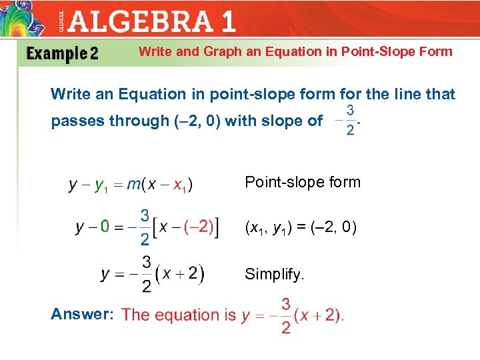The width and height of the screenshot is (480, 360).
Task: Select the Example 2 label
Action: click(62, 54)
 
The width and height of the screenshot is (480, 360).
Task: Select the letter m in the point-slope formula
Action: click(134, 185)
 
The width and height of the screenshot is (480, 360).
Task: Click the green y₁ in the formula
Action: click(102, 186)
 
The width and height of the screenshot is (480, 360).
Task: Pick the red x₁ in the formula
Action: click(181, 186)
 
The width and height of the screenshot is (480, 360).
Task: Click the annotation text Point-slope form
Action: click(303, 182)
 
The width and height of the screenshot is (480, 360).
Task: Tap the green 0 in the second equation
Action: click(105, 227)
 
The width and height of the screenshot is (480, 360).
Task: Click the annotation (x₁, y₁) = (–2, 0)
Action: click(301, 228)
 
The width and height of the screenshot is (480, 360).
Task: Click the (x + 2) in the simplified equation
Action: click(180, 273)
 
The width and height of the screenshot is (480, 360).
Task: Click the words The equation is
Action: click(179, 315)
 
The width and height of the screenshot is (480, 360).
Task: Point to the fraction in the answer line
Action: click(285, 315)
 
